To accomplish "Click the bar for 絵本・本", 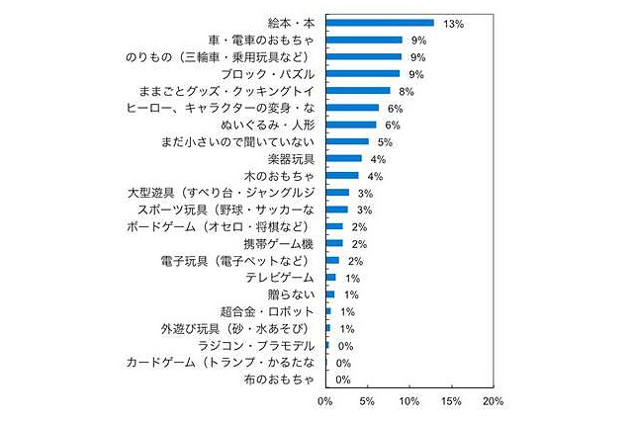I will coord(380,23).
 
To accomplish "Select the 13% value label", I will coord(454,23).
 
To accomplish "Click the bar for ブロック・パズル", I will coord(363,73).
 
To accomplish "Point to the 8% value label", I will coord(407,91).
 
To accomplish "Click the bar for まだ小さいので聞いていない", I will coord(347,141).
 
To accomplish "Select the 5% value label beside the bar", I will coord(385,141).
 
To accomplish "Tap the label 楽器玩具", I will coord(287,158).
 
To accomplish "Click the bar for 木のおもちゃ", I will coord(342,175).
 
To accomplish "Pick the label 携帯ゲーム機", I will coord(279,243).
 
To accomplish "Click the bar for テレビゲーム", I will coord(331,277).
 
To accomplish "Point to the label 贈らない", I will coord(294,295).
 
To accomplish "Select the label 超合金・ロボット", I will coord(266,311).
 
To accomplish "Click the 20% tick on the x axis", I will coord(493,402).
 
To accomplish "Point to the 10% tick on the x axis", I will coord(408,402).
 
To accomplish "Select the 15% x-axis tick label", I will coord(450,402).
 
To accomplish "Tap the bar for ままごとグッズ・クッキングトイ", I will coord(358,91).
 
